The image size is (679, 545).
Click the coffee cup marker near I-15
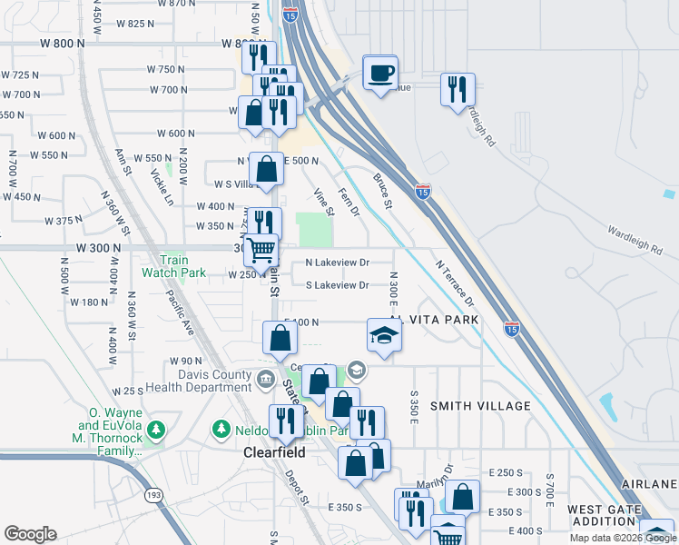[x=380, y=72]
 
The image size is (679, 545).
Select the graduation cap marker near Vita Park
[x=384, y=335]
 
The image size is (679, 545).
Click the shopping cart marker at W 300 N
[x=261, y=250]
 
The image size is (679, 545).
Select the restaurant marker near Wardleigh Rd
[x=457, y=89]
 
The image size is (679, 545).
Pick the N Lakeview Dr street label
[x=338, y=263]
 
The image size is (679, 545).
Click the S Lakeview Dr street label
[x=337, y=285]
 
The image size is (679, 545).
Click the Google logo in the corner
[x=30, y=533]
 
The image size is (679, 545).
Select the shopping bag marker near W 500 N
[x=266, y=170]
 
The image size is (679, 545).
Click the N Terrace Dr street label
[x=455, y=282]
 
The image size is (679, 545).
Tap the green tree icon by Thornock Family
[x=156, y=428]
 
